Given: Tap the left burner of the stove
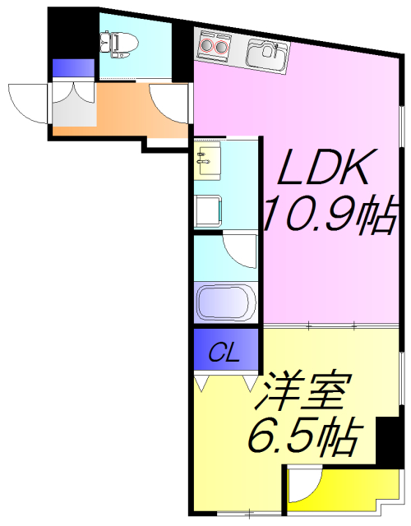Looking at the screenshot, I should tap(205, 46).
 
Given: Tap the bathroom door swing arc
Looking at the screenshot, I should tap(242, 250).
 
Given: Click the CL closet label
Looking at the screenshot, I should tap(223, 353).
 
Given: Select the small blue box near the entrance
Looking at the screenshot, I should tap(62, 68).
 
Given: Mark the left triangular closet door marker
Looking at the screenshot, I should tap(201, 381).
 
